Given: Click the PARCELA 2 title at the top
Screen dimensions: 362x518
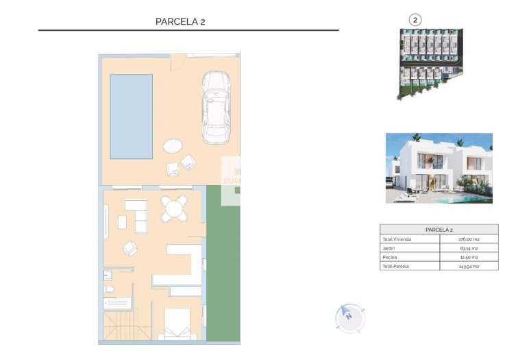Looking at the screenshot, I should [x=181, y=21].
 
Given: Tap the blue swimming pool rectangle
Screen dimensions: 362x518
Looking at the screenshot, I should [x=132, y=117].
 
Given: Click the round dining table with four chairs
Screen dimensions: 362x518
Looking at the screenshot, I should [x=175, y=208].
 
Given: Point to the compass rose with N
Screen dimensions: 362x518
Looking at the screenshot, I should [x=350, y=317].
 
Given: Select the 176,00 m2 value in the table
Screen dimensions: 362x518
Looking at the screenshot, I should [x=469, y=239].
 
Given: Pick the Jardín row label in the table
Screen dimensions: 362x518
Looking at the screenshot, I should [x=390, y=248].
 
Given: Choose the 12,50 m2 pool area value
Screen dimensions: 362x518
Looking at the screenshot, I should [x=469, y=257].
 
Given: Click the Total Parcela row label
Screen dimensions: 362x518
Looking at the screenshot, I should [x=396, y=266].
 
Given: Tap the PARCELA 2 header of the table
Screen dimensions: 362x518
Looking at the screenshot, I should [x=439, y=230].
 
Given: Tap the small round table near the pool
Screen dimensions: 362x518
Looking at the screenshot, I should [x=173, y=146].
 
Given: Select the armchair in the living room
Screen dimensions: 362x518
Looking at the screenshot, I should [x=129, y=248].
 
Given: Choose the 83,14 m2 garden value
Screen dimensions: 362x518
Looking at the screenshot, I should [x=469, y=248].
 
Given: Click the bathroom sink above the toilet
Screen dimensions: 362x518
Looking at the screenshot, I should [x=108, y=276].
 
